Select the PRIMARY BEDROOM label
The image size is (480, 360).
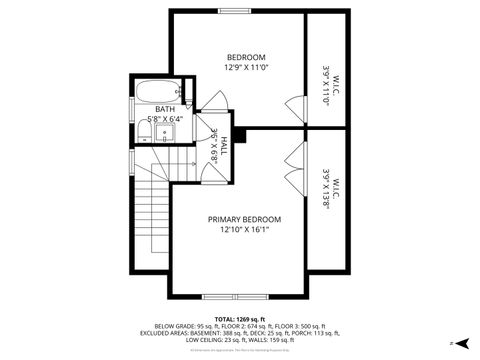point(244,219)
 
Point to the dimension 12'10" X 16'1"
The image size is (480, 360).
point(244,230)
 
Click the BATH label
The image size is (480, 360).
point(150,109)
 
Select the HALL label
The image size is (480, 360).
point(224,144)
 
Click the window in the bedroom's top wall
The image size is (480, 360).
point(234,11)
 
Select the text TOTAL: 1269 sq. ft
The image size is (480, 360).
point(239,318)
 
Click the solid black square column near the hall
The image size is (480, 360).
point(236,137)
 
